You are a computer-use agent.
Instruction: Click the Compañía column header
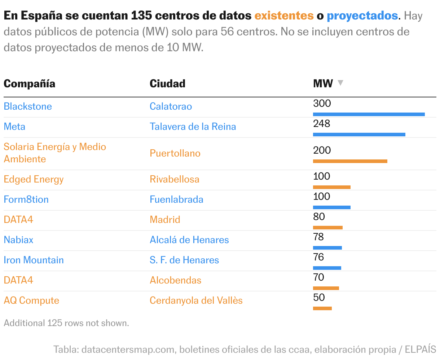tap(30, 84)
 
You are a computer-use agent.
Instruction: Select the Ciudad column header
tap(167, 84)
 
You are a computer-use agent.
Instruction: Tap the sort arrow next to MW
tap(340, 83)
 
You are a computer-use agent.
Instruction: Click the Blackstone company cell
tap(28, 106)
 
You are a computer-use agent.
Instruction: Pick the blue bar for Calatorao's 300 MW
tap(369, 114)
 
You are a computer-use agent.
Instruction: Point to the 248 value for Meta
tap(322, 124)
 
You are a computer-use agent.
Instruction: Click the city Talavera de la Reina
tap(193, 127)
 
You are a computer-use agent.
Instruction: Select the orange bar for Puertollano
tap(350, 161)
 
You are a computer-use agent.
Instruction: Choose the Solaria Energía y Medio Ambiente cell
tap(55, 153)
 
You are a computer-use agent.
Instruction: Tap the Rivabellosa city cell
tap(175, 179)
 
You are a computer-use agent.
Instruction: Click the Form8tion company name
tap(26, 199)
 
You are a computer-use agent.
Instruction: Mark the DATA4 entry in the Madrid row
tap(18, 220)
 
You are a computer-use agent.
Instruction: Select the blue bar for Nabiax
tap(327, 248)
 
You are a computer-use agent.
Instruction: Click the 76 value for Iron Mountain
tap(319, 257)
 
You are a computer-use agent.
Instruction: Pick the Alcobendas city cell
tap(176, 280)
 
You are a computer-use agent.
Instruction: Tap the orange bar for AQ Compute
tap(322, 308)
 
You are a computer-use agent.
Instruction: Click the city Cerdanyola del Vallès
tap(196, 300)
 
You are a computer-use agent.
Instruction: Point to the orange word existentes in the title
tap(284, 16)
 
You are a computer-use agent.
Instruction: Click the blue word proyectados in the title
tap(362, 16)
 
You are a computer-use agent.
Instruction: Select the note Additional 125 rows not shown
tap(66, 323)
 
